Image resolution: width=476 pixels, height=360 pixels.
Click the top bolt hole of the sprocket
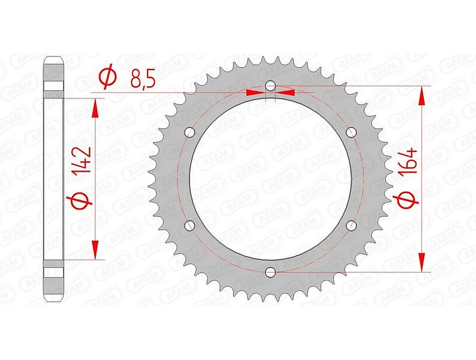pos(270,86)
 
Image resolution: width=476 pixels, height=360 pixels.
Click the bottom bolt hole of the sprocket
pos(270,272)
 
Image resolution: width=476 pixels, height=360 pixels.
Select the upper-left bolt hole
pos(190,133)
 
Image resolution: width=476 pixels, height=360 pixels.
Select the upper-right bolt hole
pos(351,132)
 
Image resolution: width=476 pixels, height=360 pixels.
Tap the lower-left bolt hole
pos(190,225)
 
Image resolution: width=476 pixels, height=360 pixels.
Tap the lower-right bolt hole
pos(351,225)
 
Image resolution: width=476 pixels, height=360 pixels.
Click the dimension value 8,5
pos(143,78)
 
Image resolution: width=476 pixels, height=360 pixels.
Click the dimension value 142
pos(82,160)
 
